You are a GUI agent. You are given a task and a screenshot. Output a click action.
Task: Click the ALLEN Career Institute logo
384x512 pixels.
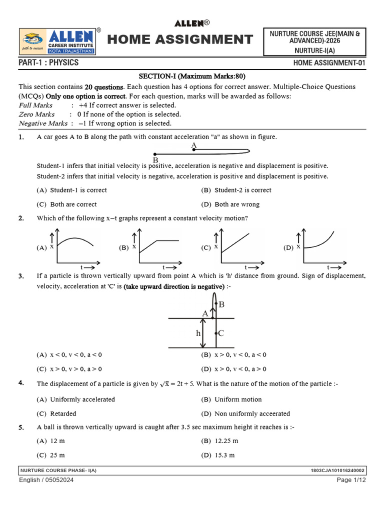point(57,42)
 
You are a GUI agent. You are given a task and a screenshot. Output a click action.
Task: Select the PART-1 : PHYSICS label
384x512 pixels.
point(48,63)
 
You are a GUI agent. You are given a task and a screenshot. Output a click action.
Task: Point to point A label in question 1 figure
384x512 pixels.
point(193,145)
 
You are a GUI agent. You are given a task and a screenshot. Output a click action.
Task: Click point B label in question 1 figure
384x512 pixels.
point(155,160)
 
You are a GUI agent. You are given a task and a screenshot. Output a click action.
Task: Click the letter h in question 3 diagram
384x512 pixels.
point(198,333)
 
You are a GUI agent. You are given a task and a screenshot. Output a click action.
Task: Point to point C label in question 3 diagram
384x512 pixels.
point(221,333)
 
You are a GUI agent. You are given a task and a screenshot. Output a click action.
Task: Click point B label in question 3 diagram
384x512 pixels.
point(221,304)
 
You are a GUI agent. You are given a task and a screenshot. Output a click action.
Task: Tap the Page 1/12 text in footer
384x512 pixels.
point(351,480)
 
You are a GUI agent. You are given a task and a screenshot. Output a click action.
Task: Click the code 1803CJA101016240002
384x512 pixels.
point(338,470)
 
